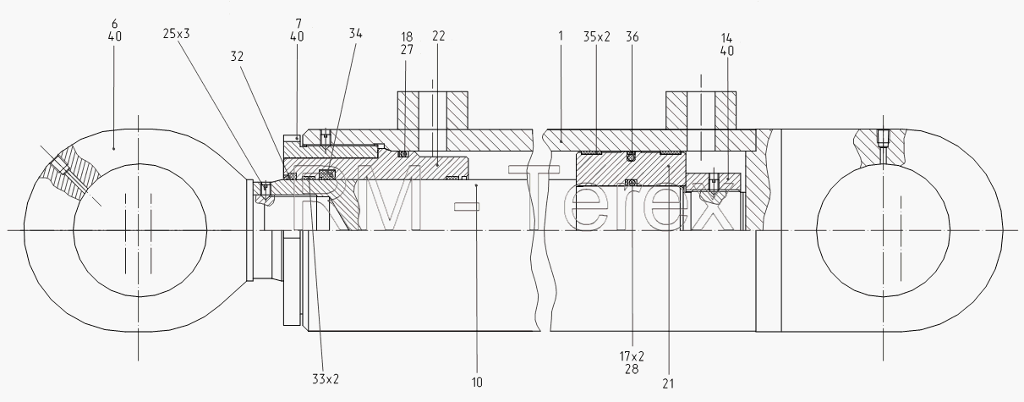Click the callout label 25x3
click(176, 34)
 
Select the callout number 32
click(237, 56)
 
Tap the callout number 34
click(356, 33)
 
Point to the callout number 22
click(438, 36)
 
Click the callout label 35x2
click(597, 36)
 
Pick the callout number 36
click(632, 36)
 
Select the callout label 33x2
click(326, 379)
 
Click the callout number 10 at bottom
click(477, 383)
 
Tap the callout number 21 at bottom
click(668, 383)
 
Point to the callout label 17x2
click(632, 355)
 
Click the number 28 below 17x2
click(632, 369)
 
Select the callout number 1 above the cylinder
click(561, 36)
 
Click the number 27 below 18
click(407, 49)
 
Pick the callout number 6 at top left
click(114, 24)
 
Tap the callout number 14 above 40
click(726, 37)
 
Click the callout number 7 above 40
click(298, 24)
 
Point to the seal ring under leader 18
click(403, 154)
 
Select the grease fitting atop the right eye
click(883, 139)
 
